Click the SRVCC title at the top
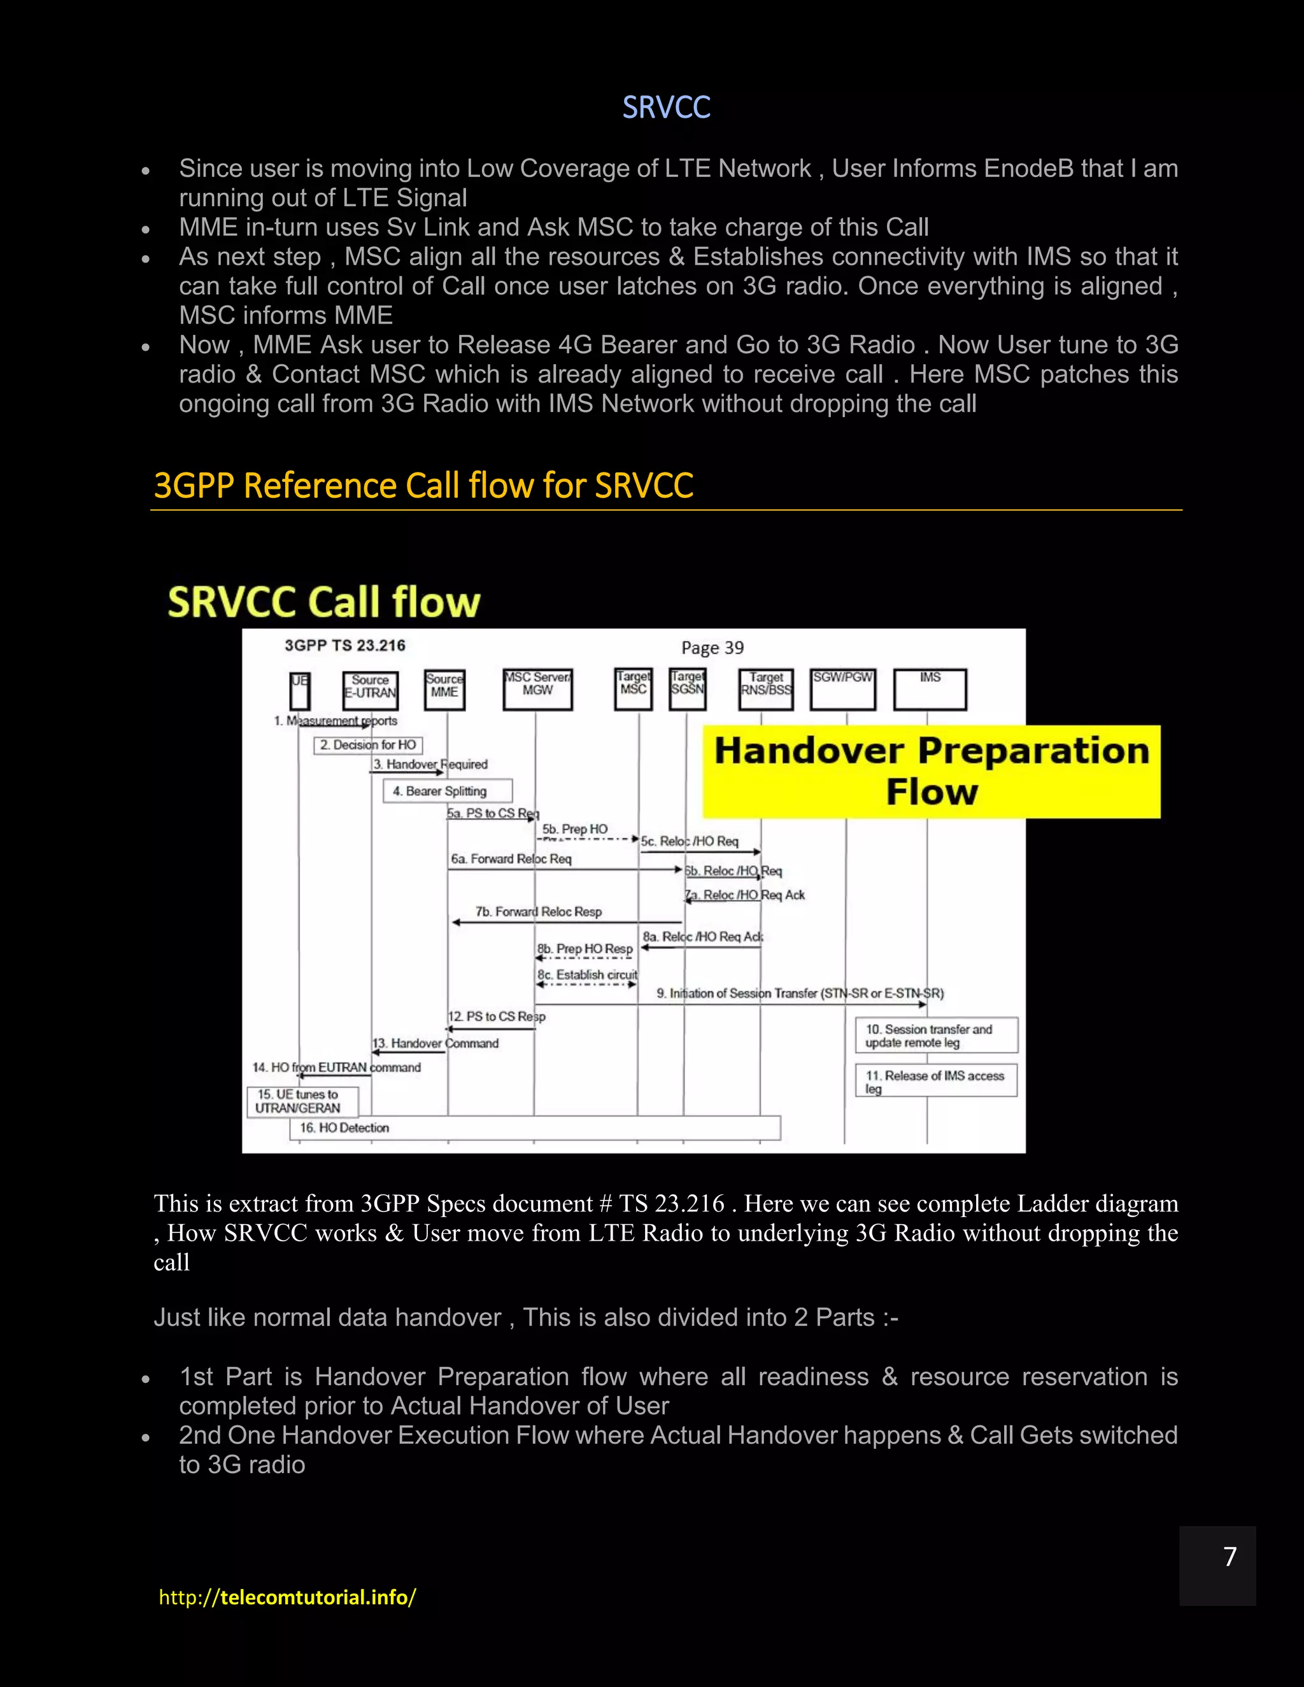pyautogui.click(x=666, y=108)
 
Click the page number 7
pyautogui.click(x=1230, y=1556)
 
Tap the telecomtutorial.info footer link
pyautogui.click(x=287, y=1597)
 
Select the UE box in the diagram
pyautogui.click(x=300, y=690)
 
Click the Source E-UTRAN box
pyautogui.click(x=370, y=690)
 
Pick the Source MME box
pyautogui.click(x=444, y=689)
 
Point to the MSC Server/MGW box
pyautogui.click(x=537, y=688)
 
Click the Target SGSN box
pyautogui.click(x=687, y=688)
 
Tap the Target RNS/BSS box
pyautogui.click(x=765, y=688)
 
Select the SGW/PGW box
pyautogui.click(x=843, y=688)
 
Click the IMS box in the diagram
pyautogui.click(x=930, y=688)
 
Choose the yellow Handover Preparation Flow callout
pyautogui.click(x=932, y=771)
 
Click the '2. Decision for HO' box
pyautogui.click(x=368, y=745)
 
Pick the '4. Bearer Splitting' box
pyautogui.click(x=447, y=791)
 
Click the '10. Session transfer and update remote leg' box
pyautogui.click(x=936, y=1035)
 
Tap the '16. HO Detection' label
pyautogui.click(x=344, y=1128)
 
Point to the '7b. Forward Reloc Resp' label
pyautogui.click(x=539, y=912)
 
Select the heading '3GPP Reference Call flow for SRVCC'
pyautogui.click(x=423, y=486)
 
